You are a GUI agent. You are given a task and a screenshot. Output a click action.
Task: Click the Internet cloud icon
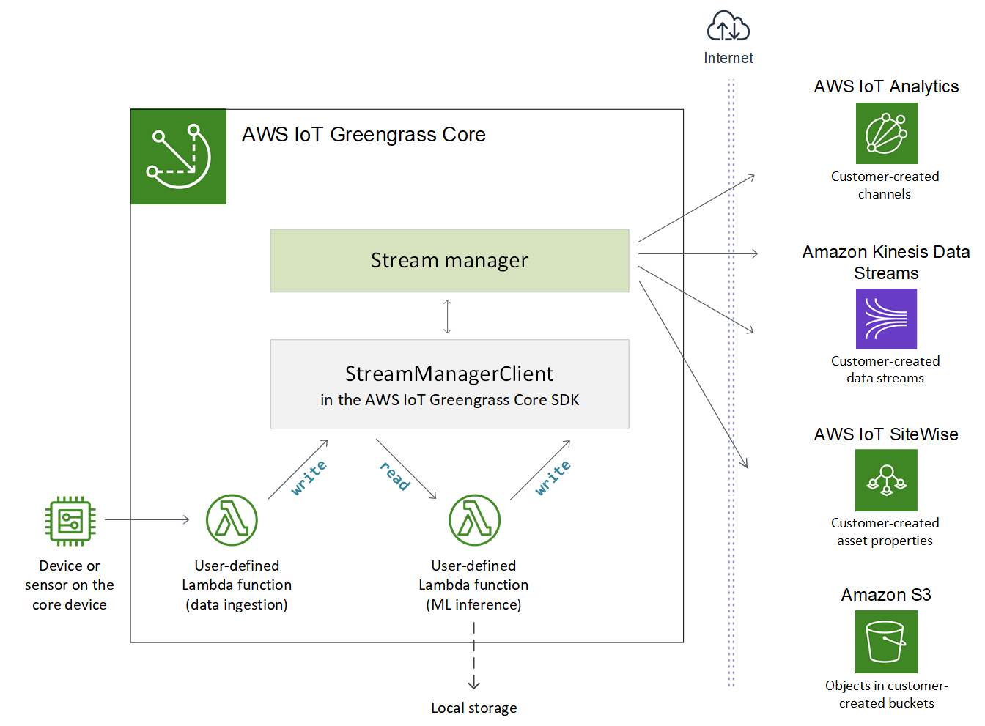click(728, 27)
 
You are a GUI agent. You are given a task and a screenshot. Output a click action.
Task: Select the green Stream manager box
click(449, 261)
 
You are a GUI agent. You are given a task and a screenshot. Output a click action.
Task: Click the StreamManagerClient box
click(449, 384)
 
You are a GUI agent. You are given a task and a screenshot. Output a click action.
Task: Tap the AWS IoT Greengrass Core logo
click(178, 156)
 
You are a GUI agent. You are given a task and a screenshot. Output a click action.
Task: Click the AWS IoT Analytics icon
click(886, 133)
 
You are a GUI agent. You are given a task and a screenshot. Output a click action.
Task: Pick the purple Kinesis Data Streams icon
click(886, 319)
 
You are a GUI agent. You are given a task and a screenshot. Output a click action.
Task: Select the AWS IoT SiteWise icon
click(886, 480)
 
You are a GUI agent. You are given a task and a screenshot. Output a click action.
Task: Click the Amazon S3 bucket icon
click(886, 642)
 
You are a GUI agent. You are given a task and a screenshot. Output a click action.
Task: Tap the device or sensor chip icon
click(70, 521)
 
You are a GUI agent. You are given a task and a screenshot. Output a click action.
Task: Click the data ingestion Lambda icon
click(232, 520)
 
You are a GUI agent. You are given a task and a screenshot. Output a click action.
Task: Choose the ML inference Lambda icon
click(474, 520)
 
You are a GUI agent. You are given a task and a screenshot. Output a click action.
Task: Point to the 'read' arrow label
click(395, 475)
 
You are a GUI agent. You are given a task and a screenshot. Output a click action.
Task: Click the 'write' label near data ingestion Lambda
click(309, 478)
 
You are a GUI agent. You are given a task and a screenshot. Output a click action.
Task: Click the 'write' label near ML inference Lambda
click(553, 478)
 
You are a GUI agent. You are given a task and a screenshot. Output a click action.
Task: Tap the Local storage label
click(473, 708)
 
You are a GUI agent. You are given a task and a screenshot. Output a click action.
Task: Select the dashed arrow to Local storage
click(474, 656)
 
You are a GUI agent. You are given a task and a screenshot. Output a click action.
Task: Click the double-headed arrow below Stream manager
click(448, 316)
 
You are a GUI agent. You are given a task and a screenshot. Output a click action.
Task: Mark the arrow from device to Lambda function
click(147, 519)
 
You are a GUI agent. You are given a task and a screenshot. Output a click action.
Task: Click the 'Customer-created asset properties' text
click(885, 532)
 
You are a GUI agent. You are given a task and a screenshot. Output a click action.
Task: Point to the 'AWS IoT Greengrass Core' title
click(364, 135)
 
